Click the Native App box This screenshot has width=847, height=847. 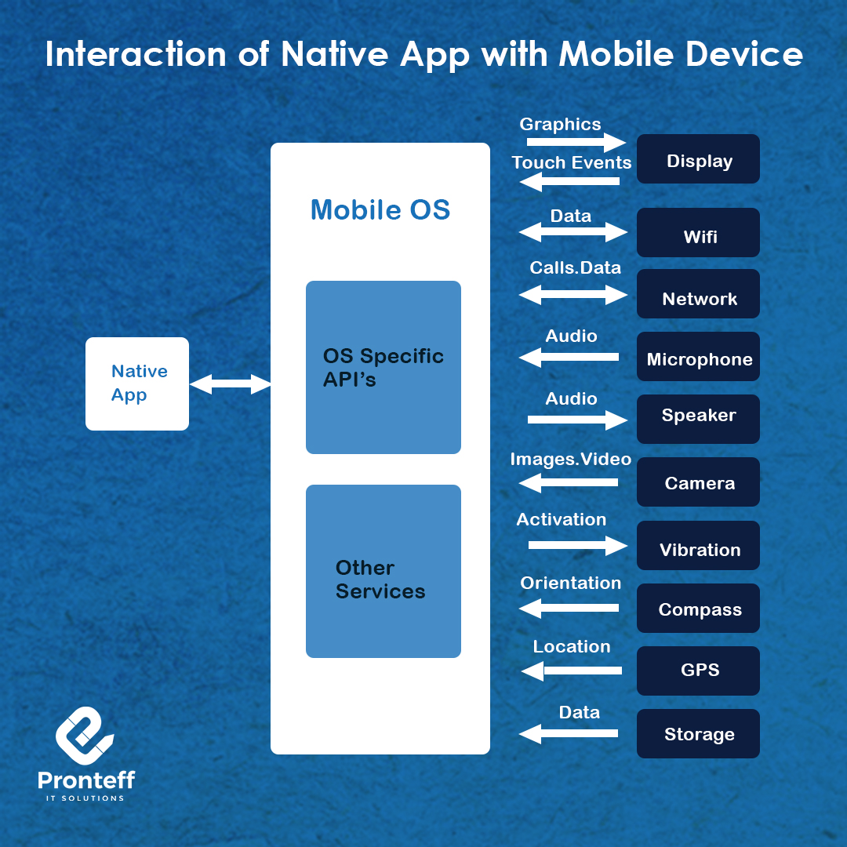click(x=137, y=384)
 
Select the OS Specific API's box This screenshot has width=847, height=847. click(x=383, y=367)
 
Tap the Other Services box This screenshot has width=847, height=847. click(x=383, y=571)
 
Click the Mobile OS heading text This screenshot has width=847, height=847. click(x=380, y=209)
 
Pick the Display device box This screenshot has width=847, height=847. click(x=698, y=158)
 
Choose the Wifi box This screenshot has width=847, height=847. click(x=698, y=232)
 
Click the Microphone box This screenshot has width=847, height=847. click(x=698, y=357)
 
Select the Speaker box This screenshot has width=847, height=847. click(x=698, y=419)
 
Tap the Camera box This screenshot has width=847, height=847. click(x=698, y=482)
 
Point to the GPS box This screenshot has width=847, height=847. click(x=698, y=671)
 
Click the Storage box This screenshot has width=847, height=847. click(x=698, y=733)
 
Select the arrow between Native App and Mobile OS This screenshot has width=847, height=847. click(x=230, y=384)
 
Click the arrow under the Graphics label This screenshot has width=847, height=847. click(x=576, y=142)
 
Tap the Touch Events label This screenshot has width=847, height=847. click(x=572, y=162)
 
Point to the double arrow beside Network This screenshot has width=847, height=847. click(x=573, y=295)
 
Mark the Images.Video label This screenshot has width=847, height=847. click(x=571, y=459)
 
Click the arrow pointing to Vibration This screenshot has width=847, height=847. click(x=577, y=545)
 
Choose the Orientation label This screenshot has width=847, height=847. click(x=570, y=583)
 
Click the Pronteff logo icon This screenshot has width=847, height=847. click(x=85, y=736)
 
